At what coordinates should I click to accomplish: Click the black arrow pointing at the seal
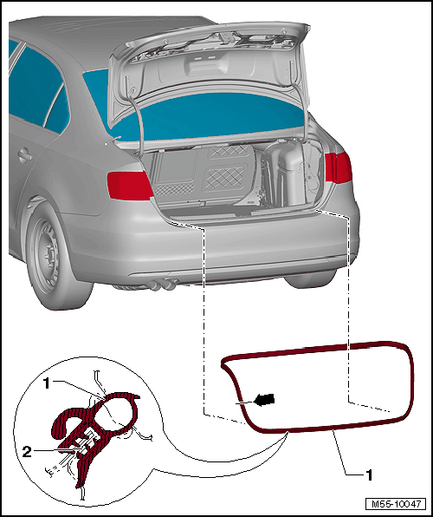point(264,400)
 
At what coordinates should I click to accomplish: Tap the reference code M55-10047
point(396,504)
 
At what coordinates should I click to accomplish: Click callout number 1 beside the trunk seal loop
point(369,475)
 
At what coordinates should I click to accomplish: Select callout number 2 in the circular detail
point(27,452)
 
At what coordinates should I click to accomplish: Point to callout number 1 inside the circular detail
point(47,383)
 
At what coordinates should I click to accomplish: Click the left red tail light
point(129,186)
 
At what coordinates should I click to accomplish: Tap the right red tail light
point(338,167)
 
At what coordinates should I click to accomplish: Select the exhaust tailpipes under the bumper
point(164,285)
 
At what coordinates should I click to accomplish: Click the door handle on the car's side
point(25,155)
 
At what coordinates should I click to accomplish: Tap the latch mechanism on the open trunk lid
point(226,37)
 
